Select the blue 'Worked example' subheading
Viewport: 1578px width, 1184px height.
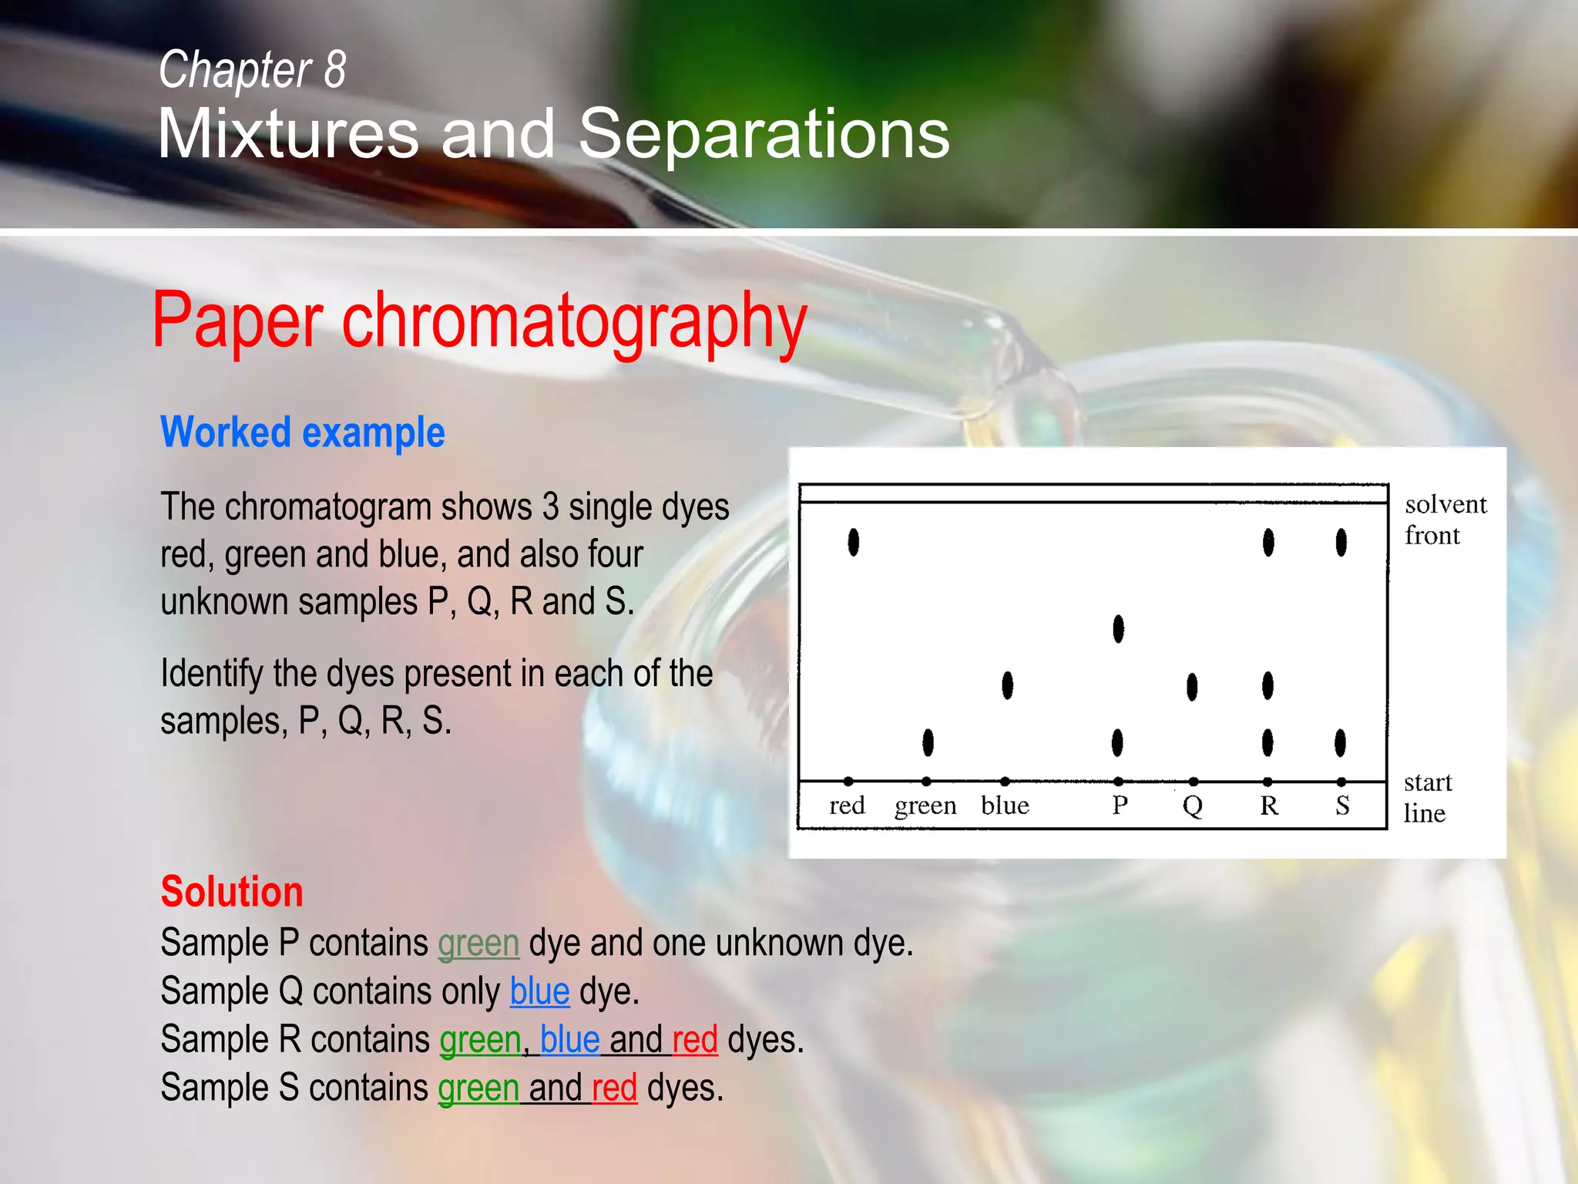point(302,432)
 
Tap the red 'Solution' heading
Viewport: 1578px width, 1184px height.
point(231,892)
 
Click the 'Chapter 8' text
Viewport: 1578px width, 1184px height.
point(252,69)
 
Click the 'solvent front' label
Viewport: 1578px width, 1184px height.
point(1444,520)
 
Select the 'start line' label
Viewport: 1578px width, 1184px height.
point(1426,798)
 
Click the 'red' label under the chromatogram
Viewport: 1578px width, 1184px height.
point(847,806)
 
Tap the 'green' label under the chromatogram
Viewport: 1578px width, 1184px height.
point(925,806)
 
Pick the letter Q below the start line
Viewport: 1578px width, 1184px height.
point(1192,806)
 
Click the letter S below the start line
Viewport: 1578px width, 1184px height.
point(1342,806)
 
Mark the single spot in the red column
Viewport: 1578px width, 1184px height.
point(853,542)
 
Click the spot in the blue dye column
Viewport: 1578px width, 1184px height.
point(1007,684)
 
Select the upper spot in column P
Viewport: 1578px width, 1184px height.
point(1118,629)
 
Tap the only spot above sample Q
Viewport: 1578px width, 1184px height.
point(1192,686)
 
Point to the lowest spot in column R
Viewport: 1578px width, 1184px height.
point(1267,743)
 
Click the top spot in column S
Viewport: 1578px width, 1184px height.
point(1341,542)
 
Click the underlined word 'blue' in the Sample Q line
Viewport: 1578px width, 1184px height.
point(539,991)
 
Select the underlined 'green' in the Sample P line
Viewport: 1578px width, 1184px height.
point(478,943)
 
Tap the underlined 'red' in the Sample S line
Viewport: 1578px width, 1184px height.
point(614,1088)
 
